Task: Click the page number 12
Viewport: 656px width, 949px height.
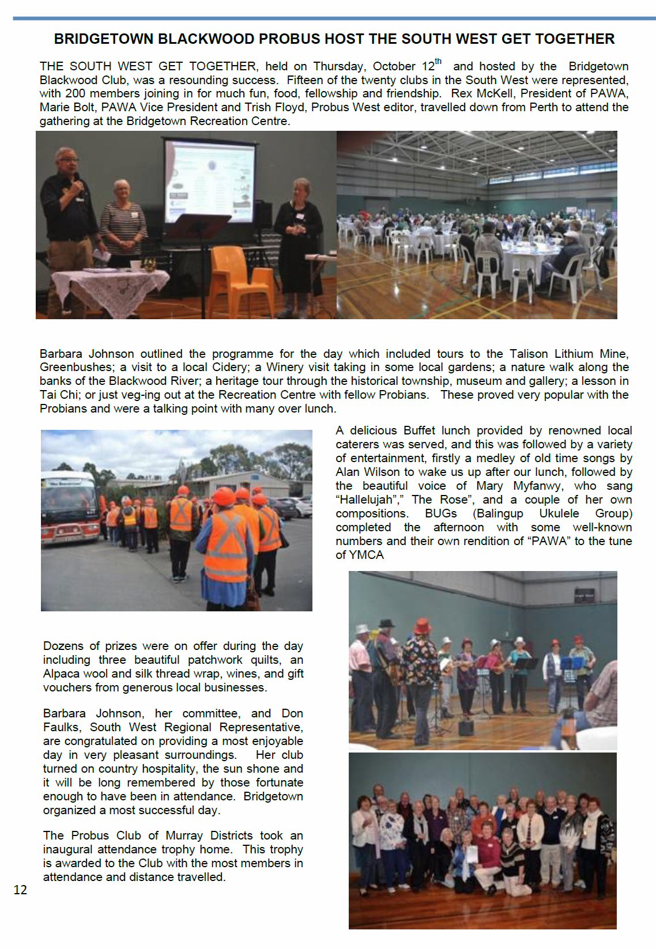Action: [x=20, y=890]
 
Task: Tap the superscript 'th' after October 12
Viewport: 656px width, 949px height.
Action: [x=439, y=62]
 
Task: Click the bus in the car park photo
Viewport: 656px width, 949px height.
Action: [x=69, y=507]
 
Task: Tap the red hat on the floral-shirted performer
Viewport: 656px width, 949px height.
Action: [x=423, y=625]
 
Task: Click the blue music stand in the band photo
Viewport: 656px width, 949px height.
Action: [x=572, y=664]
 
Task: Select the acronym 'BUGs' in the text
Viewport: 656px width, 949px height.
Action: [x=441, y=513]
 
